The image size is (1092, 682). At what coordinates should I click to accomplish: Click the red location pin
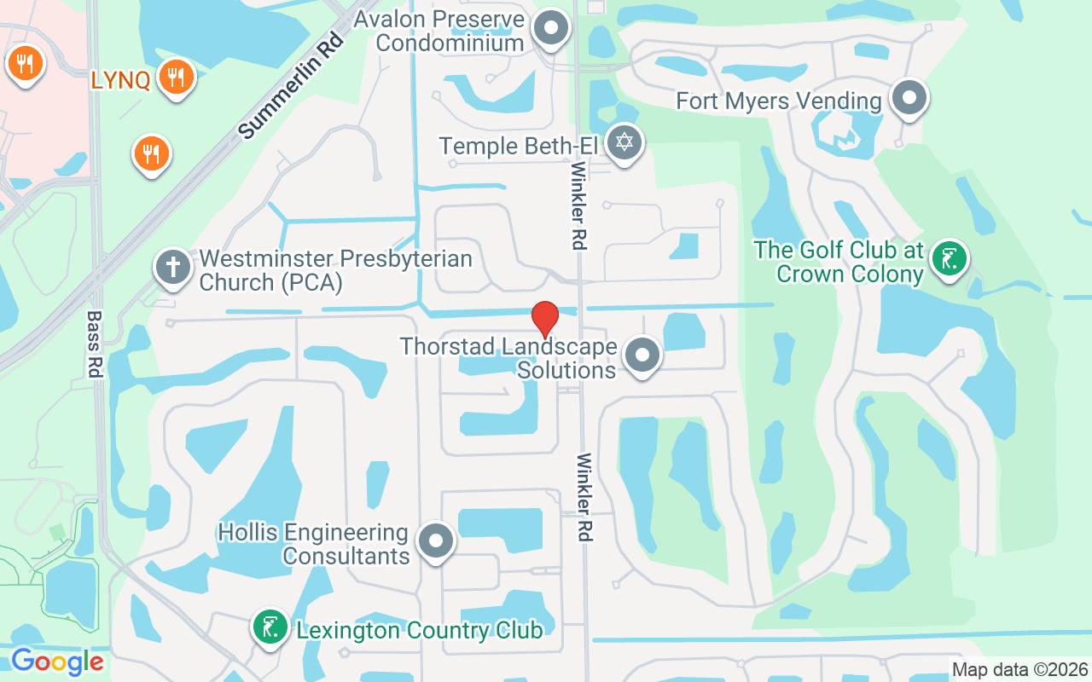click(544, 318)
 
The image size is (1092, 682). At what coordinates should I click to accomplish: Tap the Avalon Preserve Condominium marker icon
click(551, 27)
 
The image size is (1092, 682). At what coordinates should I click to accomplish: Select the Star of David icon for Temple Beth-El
click(624, 141)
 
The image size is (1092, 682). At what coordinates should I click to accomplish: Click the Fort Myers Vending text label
click(778, 101)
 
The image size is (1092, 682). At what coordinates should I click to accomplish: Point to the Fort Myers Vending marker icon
click(909, 97)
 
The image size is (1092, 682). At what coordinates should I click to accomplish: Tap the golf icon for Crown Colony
click(948, 255)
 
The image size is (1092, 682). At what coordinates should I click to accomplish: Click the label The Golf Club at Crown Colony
click(839, 262)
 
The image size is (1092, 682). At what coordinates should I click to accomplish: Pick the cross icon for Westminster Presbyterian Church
click(172, 267)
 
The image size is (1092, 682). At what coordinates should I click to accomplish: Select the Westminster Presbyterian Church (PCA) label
click(335, 269)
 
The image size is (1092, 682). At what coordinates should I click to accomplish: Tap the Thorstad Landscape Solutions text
click(508, 358)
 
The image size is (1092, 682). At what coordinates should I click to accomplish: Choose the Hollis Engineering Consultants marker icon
click(436, 540)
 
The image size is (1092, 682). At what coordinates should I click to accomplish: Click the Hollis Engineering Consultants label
click(313, 544)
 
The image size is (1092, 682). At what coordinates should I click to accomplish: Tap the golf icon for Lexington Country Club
click(270, 627)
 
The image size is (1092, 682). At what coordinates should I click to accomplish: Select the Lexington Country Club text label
click(419, 631)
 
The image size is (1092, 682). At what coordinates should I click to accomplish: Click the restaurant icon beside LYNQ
click(177, 76)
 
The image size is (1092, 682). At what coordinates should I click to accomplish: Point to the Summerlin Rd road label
click(291, 86)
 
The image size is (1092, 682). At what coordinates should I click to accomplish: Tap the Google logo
click(57, 662)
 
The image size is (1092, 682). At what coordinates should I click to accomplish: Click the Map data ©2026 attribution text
click(1019, 670)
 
